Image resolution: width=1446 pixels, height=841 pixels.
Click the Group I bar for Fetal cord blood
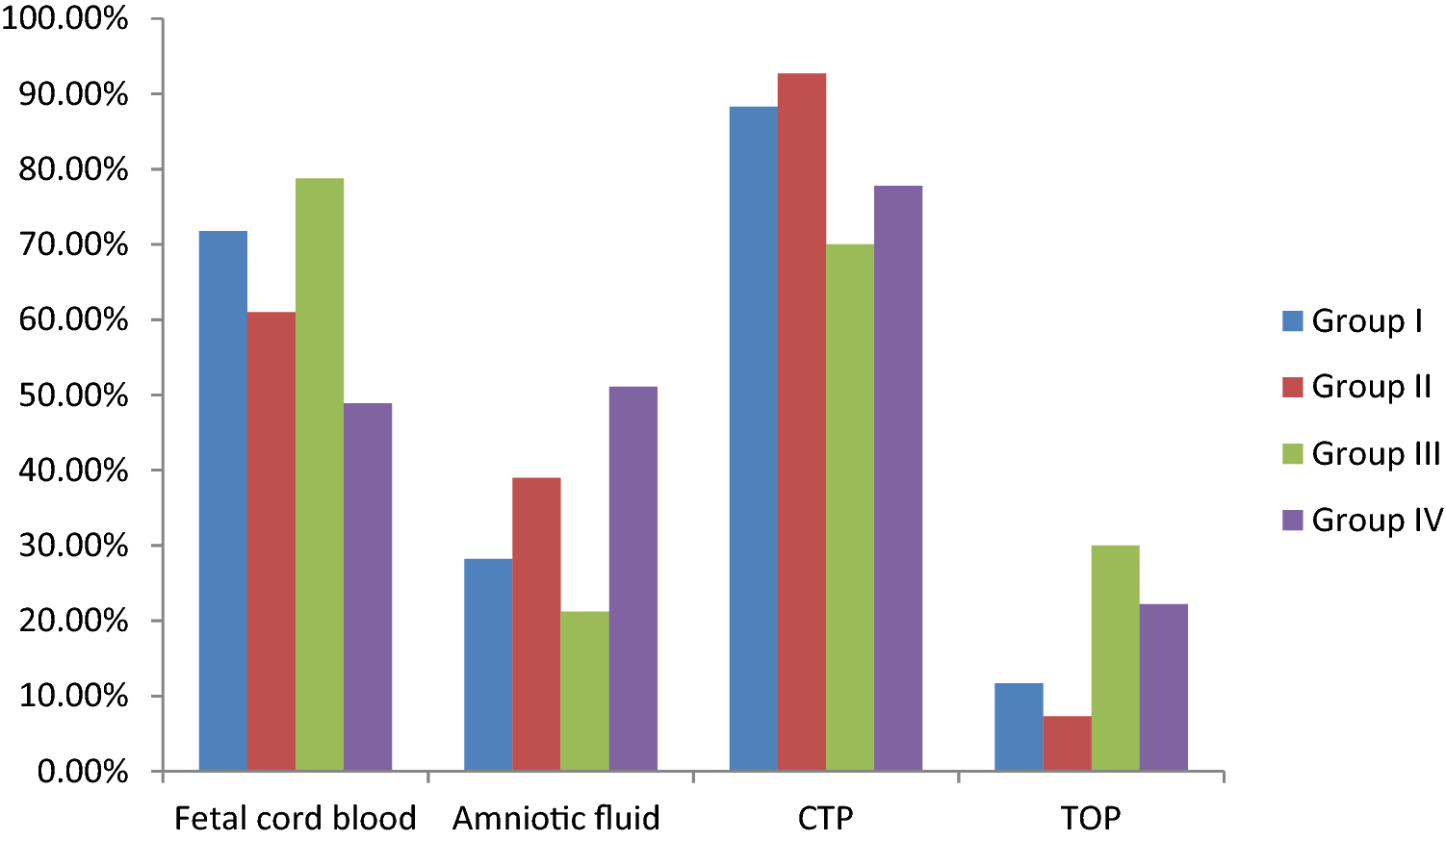tap(223, 500)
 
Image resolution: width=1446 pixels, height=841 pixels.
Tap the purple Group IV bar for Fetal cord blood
tap(368, 587)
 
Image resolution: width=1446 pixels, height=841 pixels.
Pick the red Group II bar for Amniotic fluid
tap(536, 624)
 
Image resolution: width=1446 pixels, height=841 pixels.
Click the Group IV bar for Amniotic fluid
tap(633, 578)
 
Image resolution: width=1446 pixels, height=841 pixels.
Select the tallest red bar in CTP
tap(802, 422)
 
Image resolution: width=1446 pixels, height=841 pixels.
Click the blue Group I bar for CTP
tap(754, 439)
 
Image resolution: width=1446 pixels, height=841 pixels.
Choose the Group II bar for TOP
tap(1067, 743)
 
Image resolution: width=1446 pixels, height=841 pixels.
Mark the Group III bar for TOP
tap(1115, 658)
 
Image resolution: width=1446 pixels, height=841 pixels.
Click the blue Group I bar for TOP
tap(1019, 726)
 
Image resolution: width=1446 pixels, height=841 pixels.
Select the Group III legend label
tap(1376, 453)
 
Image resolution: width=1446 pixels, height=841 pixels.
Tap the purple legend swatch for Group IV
tap(1293, 520)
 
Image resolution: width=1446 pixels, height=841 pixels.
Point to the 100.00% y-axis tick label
tap(65, 18)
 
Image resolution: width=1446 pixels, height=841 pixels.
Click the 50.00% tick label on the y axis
tap(73, 395)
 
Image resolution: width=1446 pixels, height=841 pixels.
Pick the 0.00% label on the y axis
tap(83, 772)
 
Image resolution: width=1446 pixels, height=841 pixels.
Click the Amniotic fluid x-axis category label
tap(556, 818)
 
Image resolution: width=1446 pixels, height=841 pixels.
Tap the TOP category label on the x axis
tap(1091, 818)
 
